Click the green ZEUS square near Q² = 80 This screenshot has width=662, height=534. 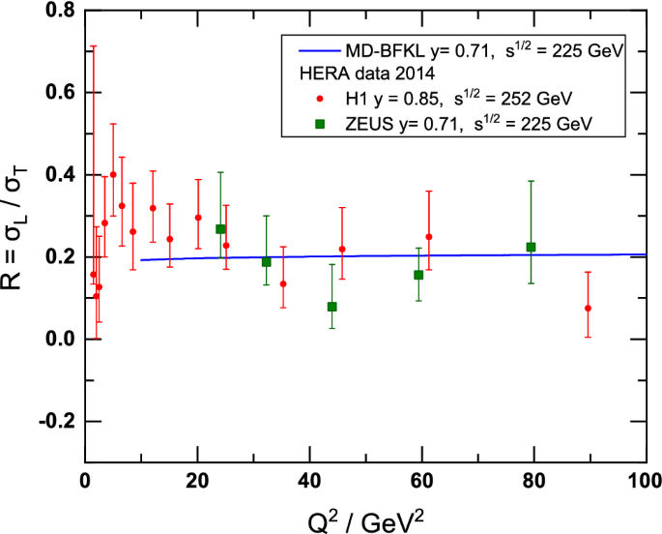(x=531, y=247)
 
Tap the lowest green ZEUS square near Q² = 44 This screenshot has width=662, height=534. (x=331, y=307)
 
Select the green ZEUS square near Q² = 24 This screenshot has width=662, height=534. (x=220, y=229)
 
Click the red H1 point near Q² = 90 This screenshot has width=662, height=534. (x=588, y=309)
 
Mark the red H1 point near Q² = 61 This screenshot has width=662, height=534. (x=428, y=237)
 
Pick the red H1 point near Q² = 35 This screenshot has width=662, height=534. (x=283, y=284)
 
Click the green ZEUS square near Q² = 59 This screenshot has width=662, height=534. (x=418, y=275)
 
